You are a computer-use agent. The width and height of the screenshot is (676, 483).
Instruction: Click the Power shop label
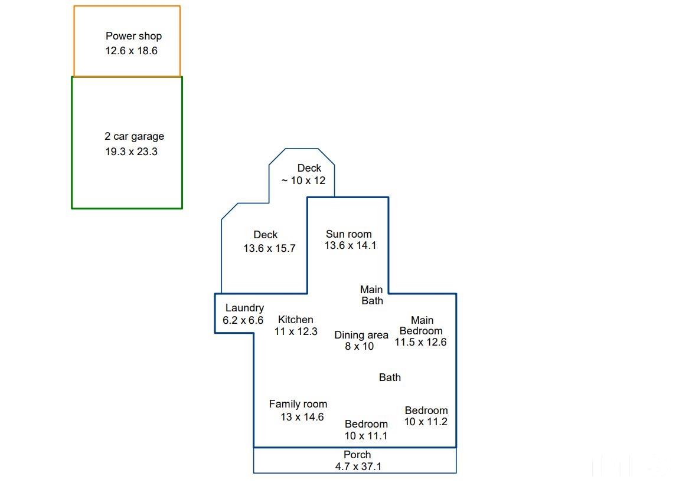pos(133,36)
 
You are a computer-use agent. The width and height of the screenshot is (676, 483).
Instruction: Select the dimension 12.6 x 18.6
pos(132,51)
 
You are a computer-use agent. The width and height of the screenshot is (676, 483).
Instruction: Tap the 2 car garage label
pos(134,136)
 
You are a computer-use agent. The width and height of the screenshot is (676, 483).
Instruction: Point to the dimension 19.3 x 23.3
pos(132,152)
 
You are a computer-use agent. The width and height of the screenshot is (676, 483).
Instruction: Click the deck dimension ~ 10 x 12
pos(303,180)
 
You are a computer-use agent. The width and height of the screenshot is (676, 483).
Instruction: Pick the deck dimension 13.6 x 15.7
pos(269,248)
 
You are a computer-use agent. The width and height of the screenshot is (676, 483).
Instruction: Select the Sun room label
pos(349,234)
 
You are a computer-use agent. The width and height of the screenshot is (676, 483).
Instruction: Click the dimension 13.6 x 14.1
pos(351,245)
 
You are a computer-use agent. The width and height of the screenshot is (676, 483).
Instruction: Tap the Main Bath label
pos(371,295)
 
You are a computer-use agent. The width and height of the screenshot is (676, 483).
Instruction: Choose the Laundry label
pos(244,308)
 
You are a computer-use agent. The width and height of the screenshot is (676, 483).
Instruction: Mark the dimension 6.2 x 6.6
pos(243,320)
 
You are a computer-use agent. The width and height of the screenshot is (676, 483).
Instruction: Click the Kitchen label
pos(296,320)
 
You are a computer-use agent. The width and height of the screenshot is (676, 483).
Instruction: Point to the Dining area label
pos(361,335)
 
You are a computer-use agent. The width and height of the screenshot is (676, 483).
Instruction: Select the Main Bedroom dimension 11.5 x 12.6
pos(421,342)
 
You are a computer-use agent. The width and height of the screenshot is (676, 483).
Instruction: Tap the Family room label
pos(298,404)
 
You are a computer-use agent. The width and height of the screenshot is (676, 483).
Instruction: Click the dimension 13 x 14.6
pos(302,417)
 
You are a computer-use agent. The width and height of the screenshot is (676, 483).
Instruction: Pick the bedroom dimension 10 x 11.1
pos(366,436)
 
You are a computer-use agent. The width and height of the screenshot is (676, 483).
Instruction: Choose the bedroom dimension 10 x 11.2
pos(426,422)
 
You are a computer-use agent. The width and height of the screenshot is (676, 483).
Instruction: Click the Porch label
pos(357,455)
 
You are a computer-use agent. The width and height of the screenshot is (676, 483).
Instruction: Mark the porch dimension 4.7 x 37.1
pos(358,466)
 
